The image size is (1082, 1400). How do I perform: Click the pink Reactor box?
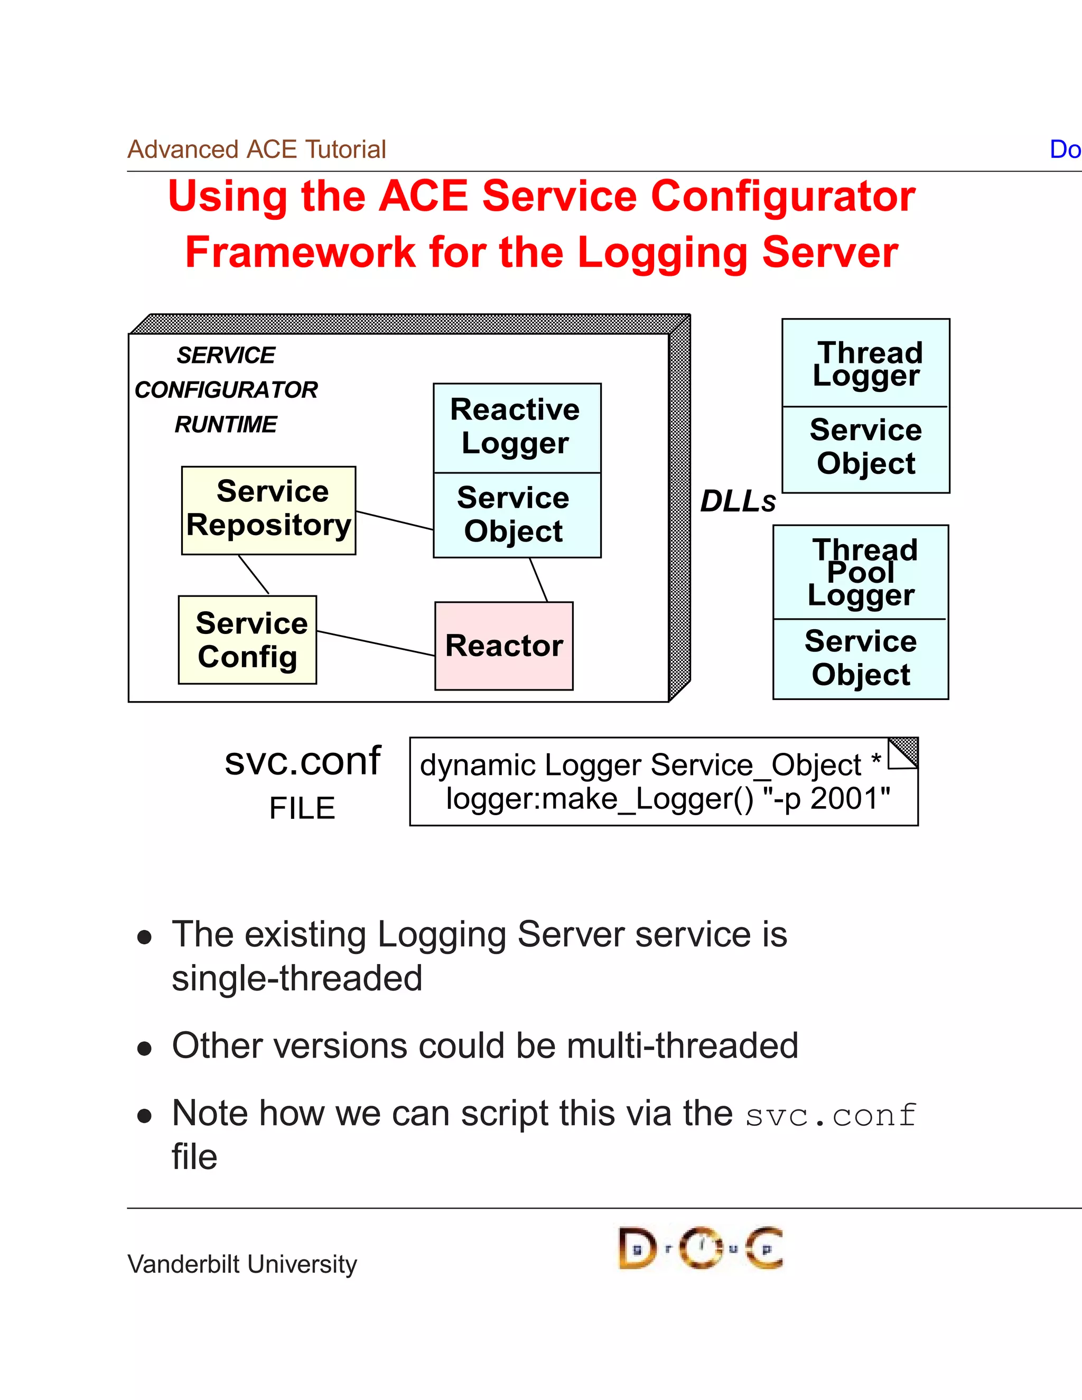coord(504,646)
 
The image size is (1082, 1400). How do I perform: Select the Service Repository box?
coord(268,510)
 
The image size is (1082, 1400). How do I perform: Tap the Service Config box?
coord(247,640)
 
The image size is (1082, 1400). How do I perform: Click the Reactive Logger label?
coord(515,426)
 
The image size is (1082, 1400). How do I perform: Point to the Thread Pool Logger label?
coord(861,573)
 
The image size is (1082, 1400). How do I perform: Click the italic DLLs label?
coord(737,501)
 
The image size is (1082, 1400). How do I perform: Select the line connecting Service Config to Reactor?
coord(376,643)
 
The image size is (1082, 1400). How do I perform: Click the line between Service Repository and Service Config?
coord(254,574)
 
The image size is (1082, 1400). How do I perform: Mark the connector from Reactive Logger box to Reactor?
coord(538,580)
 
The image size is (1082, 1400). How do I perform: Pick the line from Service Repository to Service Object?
coord(394,520)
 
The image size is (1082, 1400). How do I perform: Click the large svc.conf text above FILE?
coord(303,761)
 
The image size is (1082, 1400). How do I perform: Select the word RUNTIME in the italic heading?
coord(226,424)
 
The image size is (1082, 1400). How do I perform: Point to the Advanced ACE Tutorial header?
coord(256,150)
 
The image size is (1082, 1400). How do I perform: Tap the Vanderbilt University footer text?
coord(242,1264)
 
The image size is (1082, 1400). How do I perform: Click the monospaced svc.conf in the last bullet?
coord(831,1115)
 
